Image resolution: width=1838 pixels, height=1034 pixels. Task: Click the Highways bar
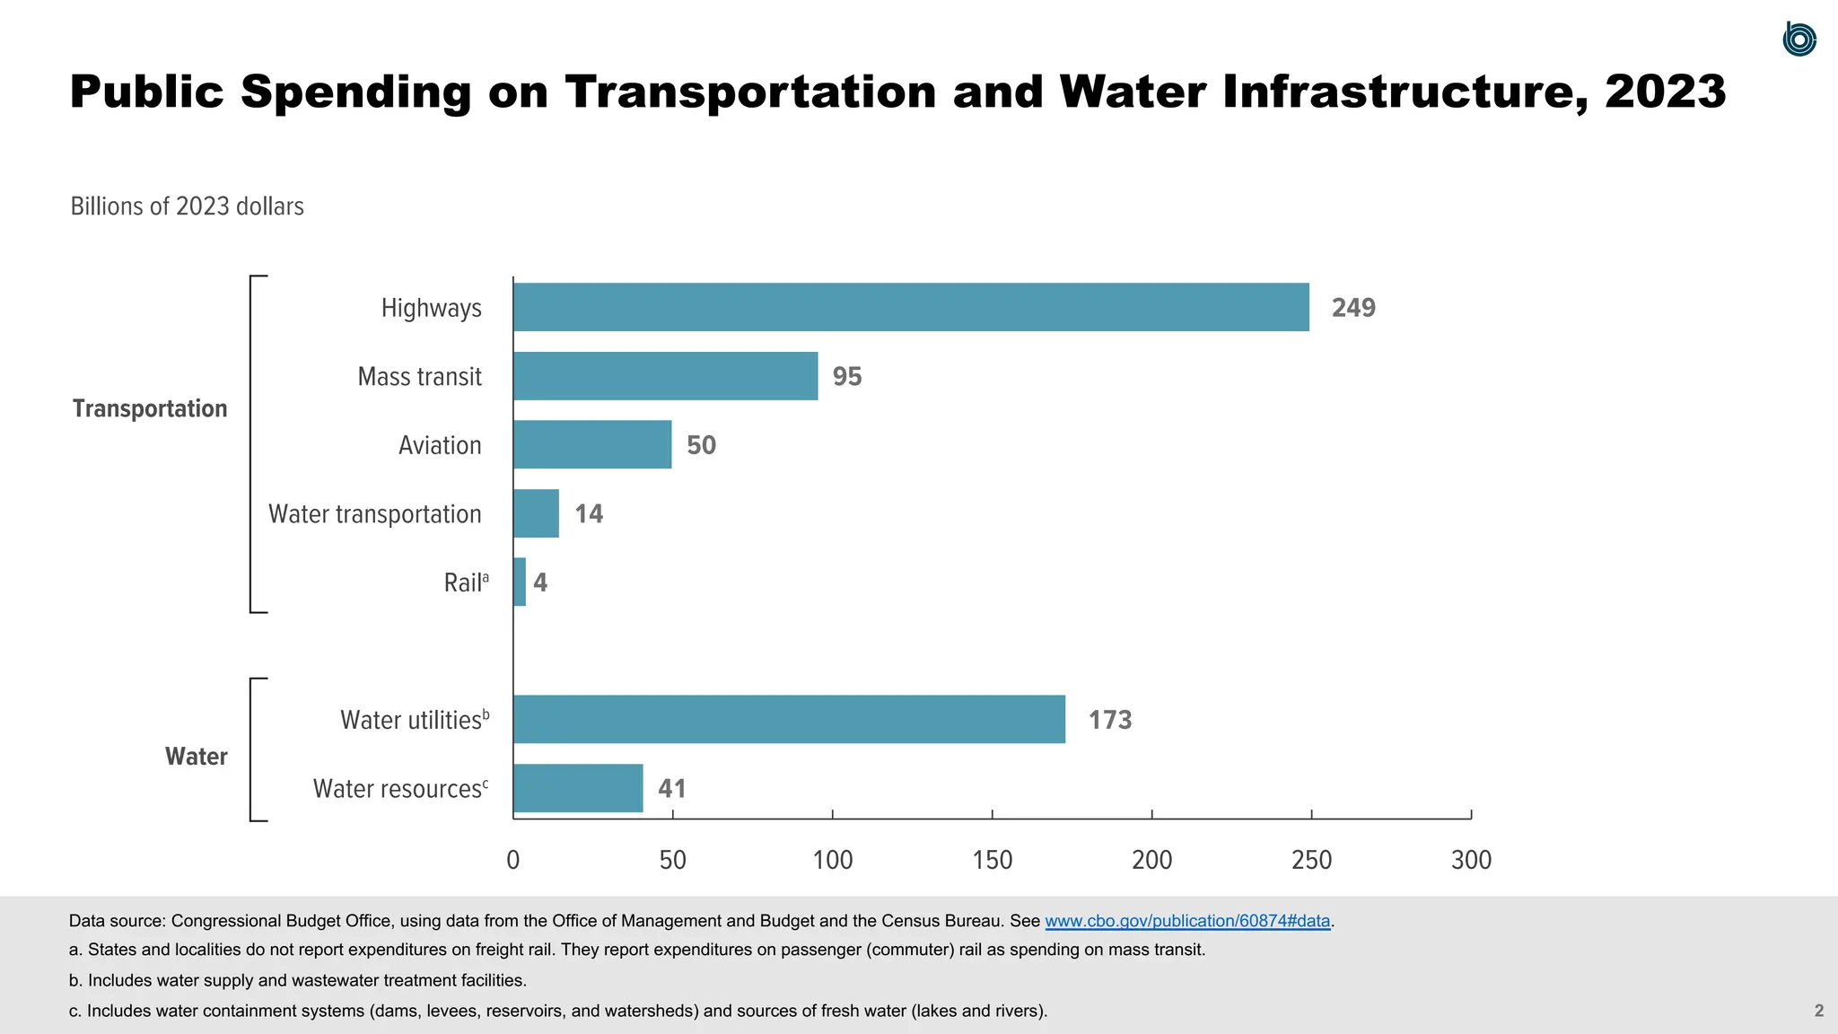[x=911, y=307]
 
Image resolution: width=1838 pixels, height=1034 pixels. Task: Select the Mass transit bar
[x=665, y=376]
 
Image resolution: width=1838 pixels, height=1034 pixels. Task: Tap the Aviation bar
[x=592, y=444]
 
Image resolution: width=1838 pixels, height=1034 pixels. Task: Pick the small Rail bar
[x=520, y=582]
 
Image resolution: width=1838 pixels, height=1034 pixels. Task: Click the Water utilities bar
[x=789, y=719]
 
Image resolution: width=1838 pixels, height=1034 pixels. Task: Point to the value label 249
[x=1353, y=308]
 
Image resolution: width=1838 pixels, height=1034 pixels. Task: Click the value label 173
[x=1110, y=720]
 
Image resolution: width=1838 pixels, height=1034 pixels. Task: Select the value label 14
[x=589, y=513]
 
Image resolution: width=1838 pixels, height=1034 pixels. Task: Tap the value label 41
[x=672, y=789]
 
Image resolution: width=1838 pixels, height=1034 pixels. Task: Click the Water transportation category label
[x=375, y=514]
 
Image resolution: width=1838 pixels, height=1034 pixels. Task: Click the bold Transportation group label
[x=150, y=408]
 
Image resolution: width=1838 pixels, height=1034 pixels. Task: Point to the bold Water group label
[x=197, y=757]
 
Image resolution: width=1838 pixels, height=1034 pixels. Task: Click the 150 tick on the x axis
[x=992, y=860]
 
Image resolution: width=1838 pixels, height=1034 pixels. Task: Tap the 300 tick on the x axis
[x=1471, y=860]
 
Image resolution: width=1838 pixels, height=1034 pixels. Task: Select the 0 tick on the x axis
[x=513, y=860]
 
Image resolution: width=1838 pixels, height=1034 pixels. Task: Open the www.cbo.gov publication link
[x=1187, y=921]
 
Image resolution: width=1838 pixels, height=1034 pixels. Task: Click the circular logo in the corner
[x=1799, y=39]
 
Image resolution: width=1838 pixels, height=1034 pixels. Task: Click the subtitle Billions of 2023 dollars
[x=188, y=206]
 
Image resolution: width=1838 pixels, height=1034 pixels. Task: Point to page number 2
[x=1819, y=1011]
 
